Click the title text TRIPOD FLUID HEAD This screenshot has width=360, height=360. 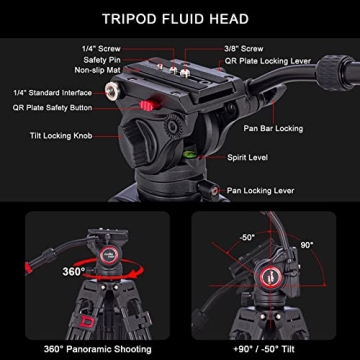(x=180, y=17)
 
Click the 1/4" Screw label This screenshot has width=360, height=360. (x=104, y=48)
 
